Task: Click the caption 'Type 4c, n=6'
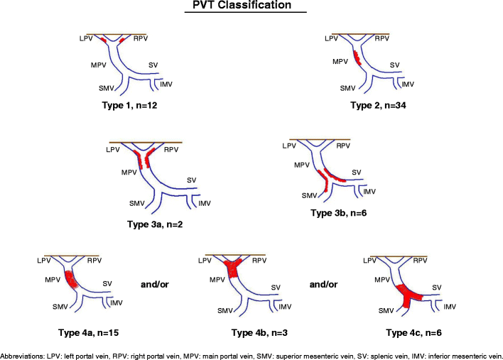click(x=413, y=332)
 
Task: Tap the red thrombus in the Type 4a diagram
click(x=70, y=278)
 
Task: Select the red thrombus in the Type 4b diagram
click(x=233, y=269)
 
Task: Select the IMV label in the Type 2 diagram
click(x=408, y=84)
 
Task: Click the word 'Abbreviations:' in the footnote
click(x=22, y=354)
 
